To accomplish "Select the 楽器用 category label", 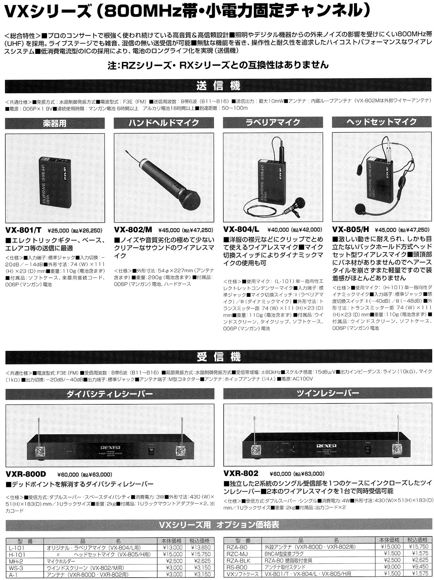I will coord(55,123).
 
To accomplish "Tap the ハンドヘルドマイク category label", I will coord(164,123).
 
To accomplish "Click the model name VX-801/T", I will coord(24,230).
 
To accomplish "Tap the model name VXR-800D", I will coord(26,474).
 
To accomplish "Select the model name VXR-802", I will coord(241,473).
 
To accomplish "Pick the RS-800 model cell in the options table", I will coord(237,567).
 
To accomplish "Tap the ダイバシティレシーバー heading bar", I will coord(109,393).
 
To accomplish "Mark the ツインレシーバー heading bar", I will coord(327,393).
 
